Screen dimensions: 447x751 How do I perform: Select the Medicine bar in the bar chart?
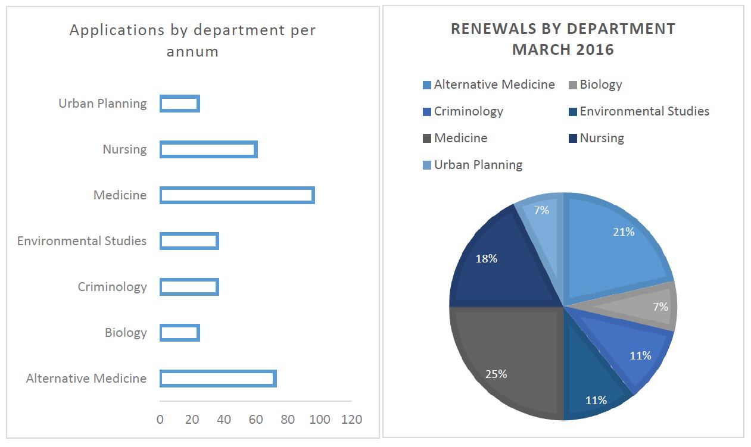pos(237,195)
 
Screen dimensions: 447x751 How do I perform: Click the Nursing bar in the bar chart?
pos(208,149)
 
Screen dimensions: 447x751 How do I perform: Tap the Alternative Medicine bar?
pos(218,379)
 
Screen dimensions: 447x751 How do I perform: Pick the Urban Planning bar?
pos(180,104)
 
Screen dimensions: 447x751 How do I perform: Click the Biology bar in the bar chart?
pos(180,333)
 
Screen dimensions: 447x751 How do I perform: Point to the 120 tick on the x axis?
pos(351,420)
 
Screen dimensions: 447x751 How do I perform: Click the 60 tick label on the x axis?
pos(255,420)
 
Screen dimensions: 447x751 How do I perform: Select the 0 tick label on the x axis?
pos(160,420)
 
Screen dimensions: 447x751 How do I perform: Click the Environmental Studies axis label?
pos(82,241)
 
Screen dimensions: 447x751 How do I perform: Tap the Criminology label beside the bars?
pos(112,287)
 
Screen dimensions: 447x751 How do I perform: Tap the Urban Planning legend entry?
pos(478,165)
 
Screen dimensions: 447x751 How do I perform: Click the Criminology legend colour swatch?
pos(426,112)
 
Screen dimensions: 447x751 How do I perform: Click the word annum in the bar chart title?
pos(192,52)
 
